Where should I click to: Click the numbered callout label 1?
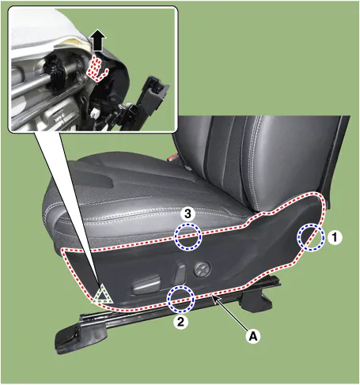pyautogui.click(x=335, y=237)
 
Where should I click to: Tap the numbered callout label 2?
pyautogui.click(x=180, y=322)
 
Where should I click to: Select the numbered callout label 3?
pyautogui.click(x=188, y=213)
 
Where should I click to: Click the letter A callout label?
pyautogui.click(x=253, y=336)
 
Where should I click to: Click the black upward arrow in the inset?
pyautogui.click(x=97, y=40)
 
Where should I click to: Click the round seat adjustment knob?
pyautogui.click(x=202, y=269)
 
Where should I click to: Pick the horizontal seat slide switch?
pyautogui.click(x=146, y=284)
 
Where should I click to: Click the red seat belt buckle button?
pyautogui.click(x=173, y=157)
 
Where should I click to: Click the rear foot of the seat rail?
pyautogui.click(x=256, y=301)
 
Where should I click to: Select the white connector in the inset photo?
pyautogui.click(x=94, y=114)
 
